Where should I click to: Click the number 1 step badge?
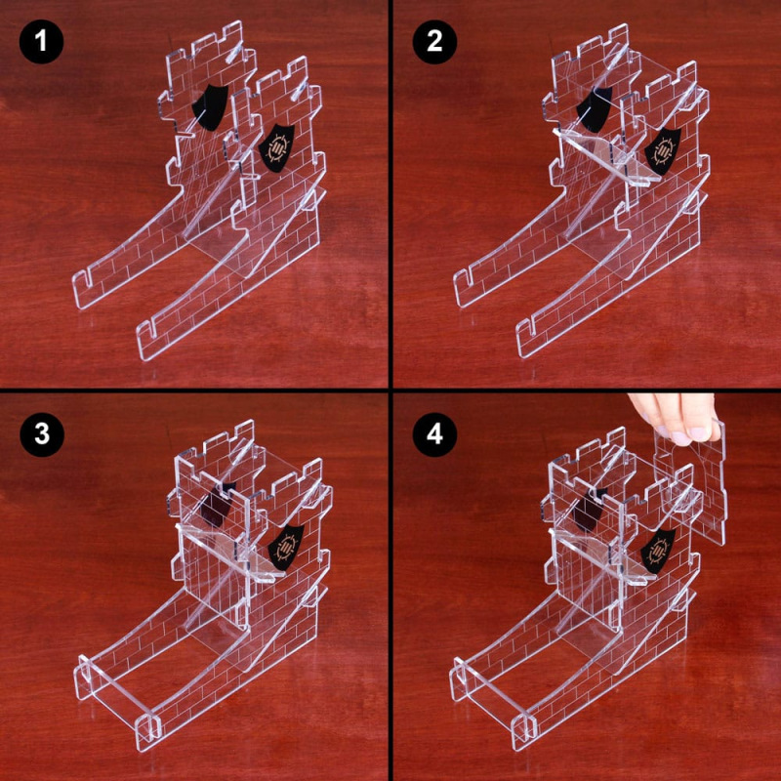pyautogui.click(x=40, y=42)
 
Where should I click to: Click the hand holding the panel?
pyautogui.click(x=674, y=416)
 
